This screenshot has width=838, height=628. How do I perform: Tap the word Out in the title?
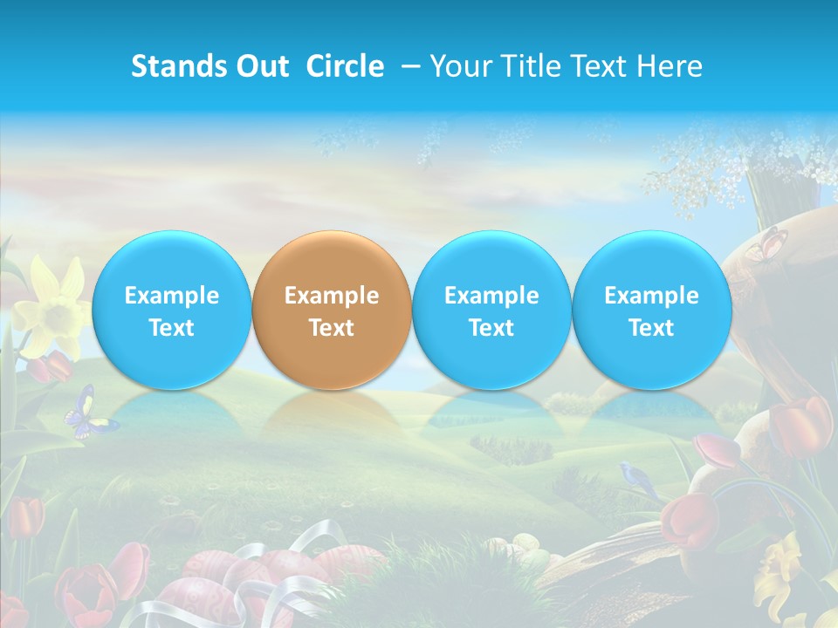point(261,66)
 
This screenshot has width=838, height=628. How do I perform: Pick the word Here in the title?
point(670,66)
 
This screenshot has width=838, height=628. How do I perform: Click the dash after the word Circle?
point(410,66)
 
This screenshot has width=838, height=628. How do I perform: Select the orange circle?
point(331,311)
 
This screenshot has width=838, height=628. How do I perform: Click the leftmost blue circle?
point(171,311)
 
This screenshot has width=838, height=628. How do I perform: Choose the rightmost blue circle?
point(651,311)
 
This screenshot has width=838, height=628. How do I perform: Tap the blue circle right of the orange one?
point(491,311)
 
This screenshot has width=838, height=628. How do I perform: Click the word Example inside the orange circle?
point(331,296)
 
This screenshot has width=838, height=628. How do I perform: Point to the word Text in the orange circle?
point(331,328)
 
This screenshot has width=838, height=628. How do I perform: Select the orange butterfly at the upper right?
point(766,244)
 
